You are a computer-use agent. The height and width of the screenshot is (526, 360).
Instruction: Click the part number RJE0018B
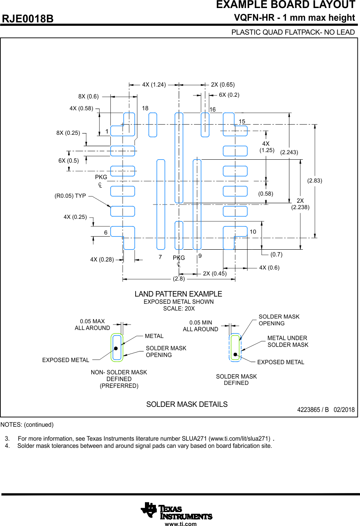28,19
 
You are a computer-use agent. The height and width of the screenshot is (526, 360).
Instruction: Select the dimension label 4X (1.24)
154,84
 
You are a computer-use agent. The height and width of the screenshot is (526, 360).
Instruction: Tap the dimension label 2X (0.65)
223,84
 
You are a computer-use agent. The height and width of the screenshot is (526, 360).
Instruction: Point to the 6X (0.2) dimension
229,95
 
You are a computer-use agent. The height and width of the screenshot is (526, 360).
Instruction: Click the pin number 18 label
145,109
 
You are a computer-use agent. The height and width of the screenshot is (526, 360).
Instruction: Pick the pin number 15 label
242,122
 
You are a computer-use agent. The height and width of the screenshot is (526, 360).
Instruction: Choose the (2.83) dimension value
314,181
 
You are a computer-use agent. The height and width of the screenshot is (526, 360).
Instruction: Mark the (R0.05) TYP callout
70,196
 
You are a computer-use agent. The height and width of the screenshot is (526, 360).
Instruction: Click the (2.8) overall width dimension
179,279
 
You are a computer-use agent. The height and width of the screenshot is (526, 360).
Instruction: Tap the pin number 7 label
160,257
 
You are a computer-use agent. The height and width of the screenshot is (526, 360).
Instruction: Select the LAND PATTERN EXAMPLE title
178,294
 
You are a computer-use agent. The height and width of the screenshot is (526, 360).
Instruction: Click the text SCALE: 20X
178,308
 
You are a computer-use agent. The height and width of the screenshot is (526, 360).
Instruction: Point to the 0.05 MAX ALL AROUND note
92,324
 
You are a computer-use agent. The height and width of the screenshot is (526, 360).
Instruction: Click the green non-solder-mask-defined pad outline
112,347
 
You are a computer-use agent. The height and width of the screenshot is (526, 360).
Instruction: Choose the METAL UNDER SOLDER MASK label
288,341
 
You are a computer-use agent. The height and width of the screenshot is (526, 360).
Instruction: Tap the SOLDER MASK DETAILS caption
187,404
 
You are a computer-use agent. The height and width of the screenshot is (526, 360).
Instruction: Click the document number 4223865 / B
313,410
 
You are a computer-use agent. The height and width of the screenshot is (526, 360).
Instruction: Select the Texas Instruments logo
176,511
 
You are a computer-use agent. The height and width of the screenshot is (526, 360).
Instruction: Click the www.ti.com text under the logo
180,524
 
